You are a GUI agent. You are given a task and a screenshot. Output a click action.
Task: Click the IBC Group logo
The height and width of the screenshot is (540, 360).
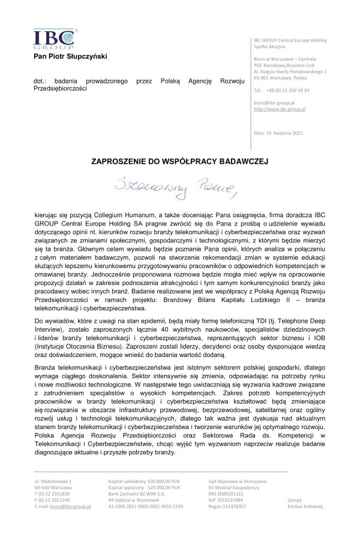click(54, 37)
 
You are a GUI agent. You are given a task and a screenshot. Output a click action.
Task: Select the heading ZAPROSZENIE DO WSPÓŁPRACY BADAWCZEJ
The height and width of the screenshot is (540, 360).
click(179, 161)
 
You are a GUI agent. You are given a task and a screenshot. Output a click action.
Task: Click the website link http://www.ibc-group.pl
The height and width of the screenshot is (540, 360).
click(280, 110)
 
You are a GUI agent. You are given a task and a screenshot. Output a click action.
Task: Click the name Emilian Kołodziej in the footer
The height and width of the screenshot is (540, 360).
click(305, 506)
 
